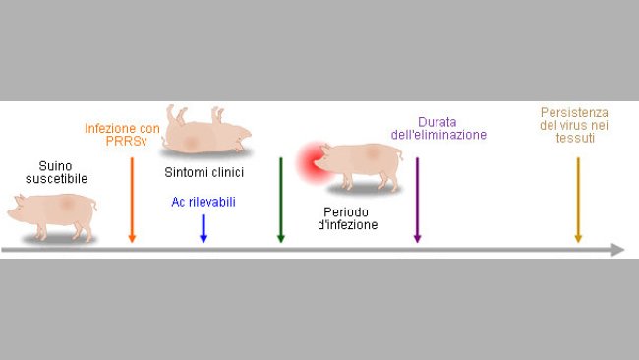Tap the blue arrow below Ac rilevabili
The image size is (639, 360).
coord(203,227)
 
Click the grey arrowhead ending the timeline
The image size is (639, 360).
coord(616,250)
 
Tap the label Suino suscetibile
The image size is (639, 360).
coord(56,172)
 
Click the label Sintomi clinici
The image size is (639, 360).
coord(203,173)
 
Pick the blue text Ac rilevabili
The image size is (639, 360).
coord(203,203)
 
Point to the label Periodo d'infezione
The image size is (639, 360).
coord(351,217)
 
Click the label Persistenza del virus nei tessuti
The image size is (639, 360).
coord(574,125)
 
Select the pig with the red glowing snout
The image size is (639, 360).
coord(359,165)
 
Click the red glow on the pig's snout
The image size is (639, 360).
coord(314,159)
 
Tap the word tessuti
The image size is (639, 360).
coord(574,138)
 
